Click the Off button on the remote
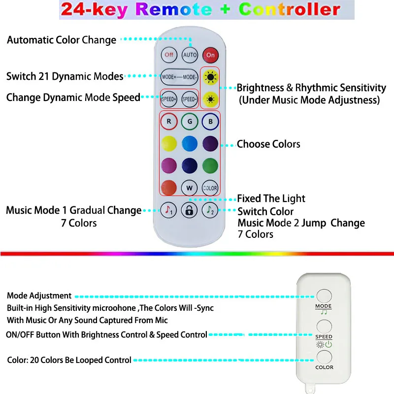point(169,55)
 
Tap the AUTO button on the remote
point(190,55)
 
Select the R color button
point(169,121)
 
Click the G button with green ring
point(190,121)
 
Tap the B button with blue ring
point(210,121)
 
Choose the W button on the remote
point(190,188)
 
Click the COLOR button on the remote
point(210,188)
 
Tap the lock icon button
point(190,210)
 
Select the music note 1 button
point(169,210)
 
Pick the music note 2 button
point(210,210)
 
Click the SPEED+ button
point(170,99)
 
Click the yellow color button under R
point(169,143)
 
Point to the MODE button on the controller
point(324,296)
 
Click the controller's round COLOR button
point(324,357)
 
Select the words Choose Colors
point(268,144)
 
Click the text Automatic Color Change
point(62,40)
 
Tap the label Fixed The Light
point(271,198)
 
